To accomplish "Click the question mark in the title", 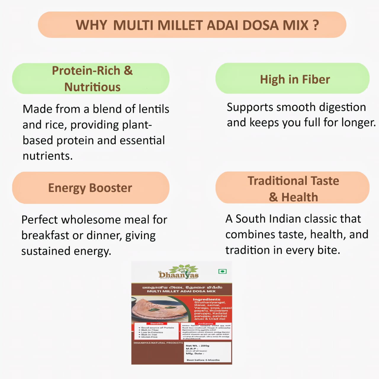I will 316,25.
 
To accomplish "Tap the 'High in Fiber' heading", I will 295,79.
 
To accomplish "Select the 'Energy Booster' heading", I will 90,188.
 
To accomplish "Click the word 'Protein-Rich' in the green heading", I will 86,71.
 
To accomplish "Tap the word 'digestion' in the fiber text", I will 342,107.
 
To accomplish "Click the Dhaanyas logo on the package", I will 178,272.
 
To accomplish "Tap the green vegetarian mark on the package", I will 222,271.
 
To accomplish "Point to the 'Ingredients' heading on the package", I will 206,299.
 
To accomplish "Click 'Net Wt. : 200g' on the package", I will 197,346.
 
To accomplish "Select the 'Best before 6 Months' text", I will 203,360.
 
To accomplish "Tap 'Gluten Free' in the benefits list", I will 149,337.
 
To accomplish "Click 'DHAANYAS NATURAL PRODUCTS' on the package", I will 158,343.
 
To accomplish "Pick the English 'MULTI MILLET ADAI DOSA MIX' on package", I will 181,291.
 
